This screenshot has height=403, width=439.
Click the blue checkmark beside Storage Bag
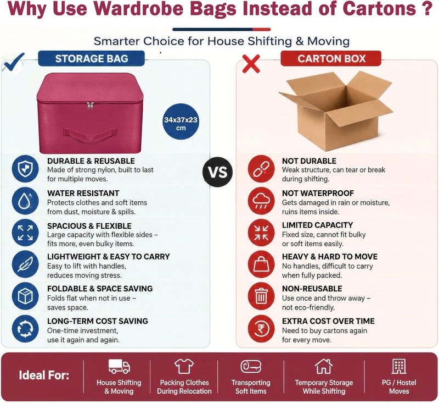(13, 63)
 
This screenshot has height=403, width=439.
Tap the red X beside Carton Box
(251, 64)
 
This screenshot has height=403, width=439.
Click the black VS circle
(217, 172)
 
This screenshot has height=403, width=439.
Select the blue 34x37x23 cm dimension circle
(181, 124)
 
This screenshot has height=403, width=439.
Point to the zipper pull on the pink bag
(90, 106)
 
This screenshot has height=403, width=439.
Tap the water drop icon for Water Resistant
(25, 201)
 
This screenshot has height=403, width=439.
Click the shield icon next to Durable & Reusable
(25, 169)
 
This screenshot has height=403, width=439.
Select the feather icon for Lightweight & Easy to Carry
(25, 264)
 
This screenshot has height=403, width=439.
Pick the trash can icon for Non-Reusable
(261, 296)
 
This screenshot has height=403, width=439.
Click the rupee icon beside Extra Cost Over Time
(261, 329)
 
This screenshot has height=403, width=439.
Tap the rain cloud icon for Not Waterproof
(261, 201)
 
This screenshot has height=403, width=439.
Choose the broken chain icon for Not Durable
(261, 169)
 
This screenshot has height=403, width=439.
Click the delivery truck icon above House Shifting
(119, 366)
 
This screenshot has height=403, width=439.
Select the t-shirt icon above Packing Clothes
(184, 366)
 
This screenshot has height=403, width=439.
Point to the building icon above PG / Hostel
(399, 366)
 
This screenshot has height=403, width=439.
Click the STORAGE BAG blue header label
(92, 59)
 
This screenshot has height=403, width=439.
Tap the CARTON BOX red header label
(331, 59)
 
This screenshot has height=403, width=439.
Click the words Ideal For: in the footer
(44, 376)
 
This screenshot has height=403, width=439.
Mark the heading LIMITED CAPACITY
(317, 225)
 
